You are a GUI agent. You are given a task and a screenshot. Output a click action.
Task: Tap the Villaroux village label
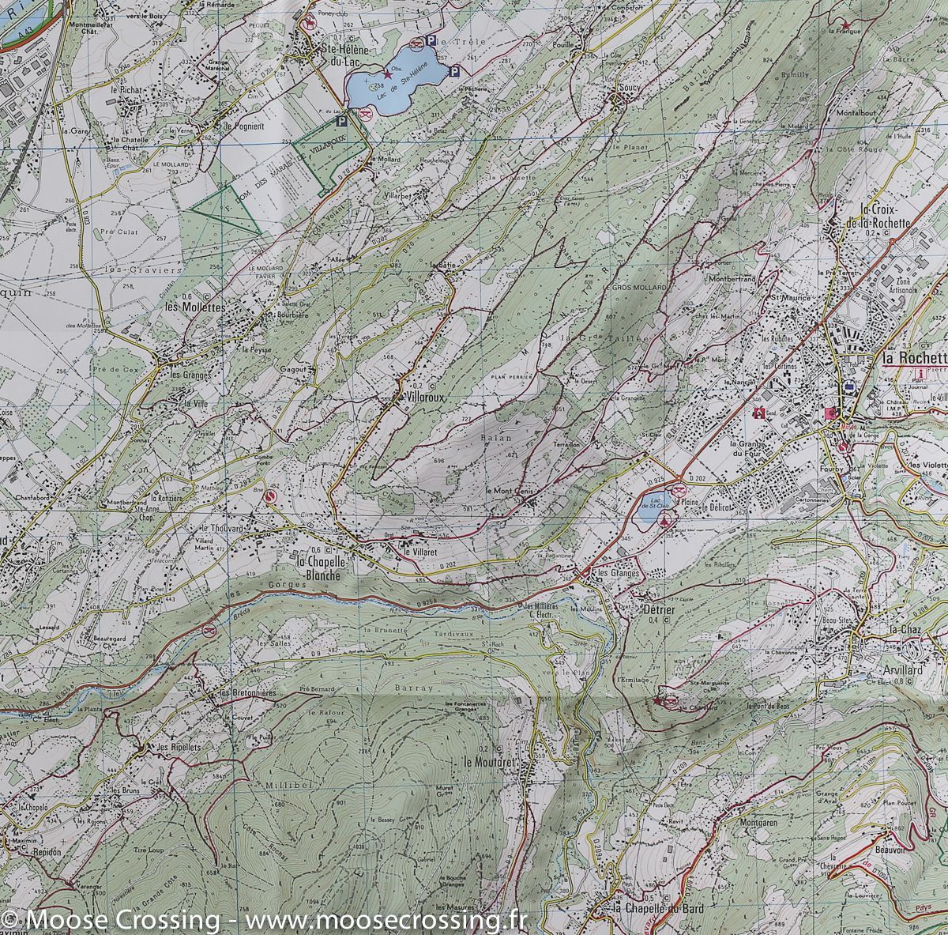pos(419,399)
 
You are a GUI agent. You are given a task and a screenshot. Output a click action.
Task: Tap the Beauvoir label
pos(890,850)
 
